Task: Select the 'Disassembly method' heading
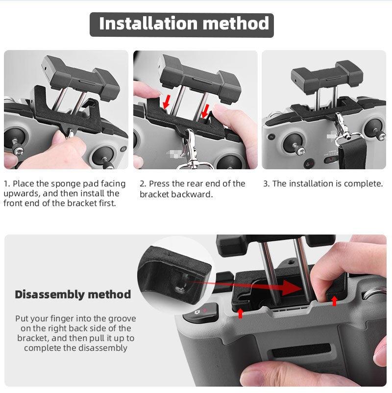pyautogui.click(x=73, y=294)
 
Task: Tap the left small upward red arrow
pyautogui.click(x=240, y=313)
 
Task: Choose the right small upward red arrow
pyautogui.click(x=334, y=300)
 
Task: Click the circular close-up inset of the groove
pyautogui.click(x=176, y=278)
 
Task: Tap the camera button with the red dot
pyautogui.click(x=201, y=312)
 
